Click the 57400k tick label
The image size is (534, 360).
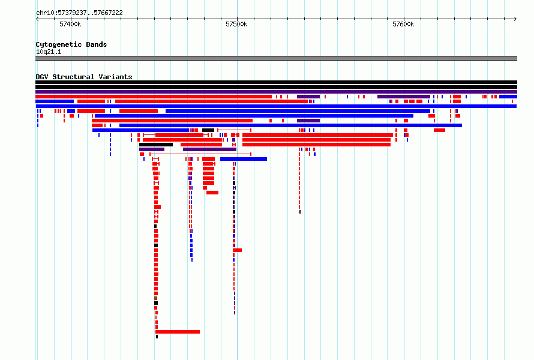point(70,24)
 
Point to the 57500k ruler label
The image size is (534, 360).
point(236,24)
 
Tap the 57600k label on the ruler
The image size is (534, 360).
point(403,24)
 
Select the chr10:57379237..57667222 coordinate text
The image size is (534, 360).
point(79,13)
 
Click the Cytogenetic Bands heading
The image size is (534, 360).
point(71,44)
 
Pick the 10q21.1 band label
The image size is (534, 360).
point(49,52)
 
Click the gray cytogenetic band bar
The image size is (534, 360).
point(276,58)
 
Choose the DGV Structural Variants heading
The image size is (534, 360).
point(84,77)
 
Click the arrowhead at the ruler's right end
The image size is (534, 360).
point(515,19)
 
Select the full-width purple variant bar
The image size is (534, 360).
point(276,92)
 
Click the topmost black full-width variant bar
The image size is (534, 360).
point(276,82)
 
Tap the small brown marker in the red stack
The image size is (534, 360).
point(155,298)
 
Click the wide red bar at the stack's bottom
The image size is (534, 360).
point(178,332)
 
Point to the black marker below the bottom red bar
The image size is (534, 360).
point(157,337)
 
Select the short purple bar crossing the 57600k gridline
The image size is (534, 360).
point(404,97)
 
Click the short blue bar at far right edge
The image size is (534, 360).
point(508,97)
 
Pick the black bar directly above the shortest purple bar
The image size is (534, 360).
point(156,145)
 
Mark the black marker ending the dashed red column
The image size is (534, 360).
point(299,212)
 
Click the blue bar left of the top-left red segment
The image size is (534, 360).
point(55,101)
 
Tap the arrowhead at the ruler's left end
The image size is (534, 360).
point(37,19)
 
